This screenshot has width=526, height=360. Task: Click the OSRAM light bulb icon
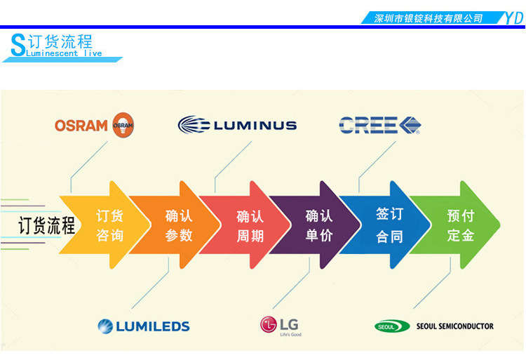(123, 125)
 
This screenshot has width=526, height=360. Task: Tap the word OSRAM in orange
(81, 126)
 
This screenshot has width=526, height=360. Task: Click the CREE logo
(379, 126)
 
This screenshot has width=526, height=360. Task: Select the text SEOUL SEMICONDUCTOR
(454, 326)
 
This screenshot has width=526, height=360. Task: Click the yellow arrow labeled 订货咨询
(109, 225)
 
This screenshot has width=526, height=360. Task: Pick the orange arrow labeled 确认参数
(178, 225)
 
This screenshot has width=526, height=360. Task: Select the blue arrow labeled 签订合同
(389, 225)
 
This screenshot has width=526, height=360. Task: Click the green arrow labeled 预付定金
(460, 225)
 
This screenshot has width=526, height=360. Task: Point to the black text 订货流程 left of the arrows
(46, 225)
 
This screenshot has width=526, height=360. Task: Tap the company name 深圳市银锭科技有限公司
(429, 18)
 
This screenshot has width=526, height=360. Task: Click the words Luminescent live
(64, 53)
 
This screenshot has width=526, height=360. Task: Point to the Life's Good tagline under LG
(290, 335)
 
